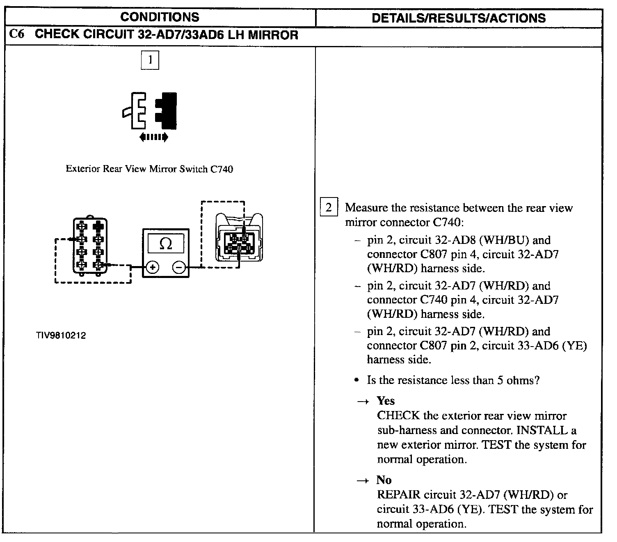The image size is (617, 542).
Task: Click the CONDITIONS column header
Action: click(160, 17)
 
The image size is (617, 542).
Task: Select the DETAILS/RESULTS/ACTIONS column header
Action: click(458, 18)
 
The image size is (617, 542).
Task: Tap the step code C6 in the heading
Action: click(17, 34)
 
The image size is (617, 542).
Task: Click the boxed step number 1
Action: click(150, 60)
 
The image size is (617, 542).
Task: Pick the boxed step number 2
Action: click(328, 207)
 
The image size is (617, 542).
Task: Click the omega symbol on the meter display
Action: click(165, 244)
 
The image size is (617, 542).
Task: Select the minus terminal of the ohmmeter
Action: click(179, 268)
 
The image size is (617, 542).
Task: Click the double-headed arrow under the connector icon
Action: click(153, 137)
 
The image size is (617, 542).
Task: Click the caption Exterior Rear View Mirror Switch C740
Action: click(149, 169)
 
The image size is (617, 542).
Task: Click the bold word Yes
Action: click(386, 401)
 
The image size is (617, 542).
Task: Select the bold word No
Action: click(384, 480)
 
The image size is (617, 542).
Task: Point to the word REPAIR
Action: click(399, 495)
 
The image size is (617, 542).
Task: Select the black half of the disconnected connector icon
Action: click(167, 111)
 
